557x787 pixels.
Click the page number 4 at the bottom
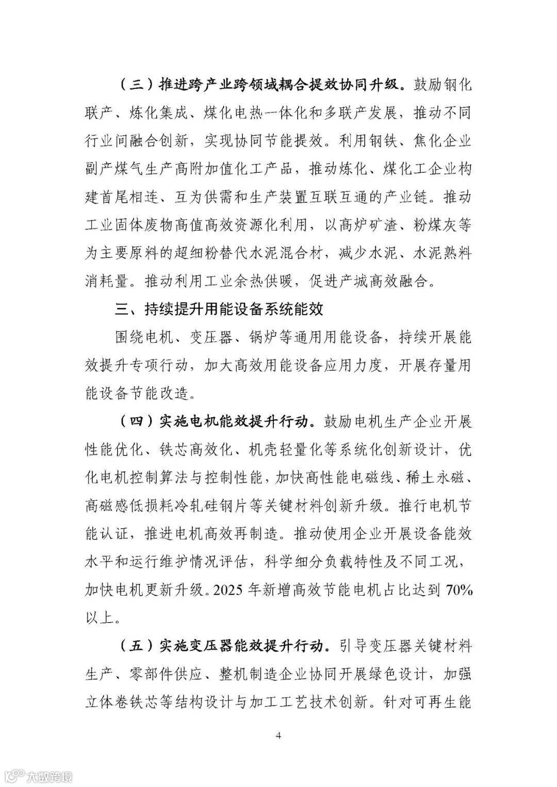278,735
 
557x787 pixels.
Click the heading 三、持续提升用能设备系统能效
219,309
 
